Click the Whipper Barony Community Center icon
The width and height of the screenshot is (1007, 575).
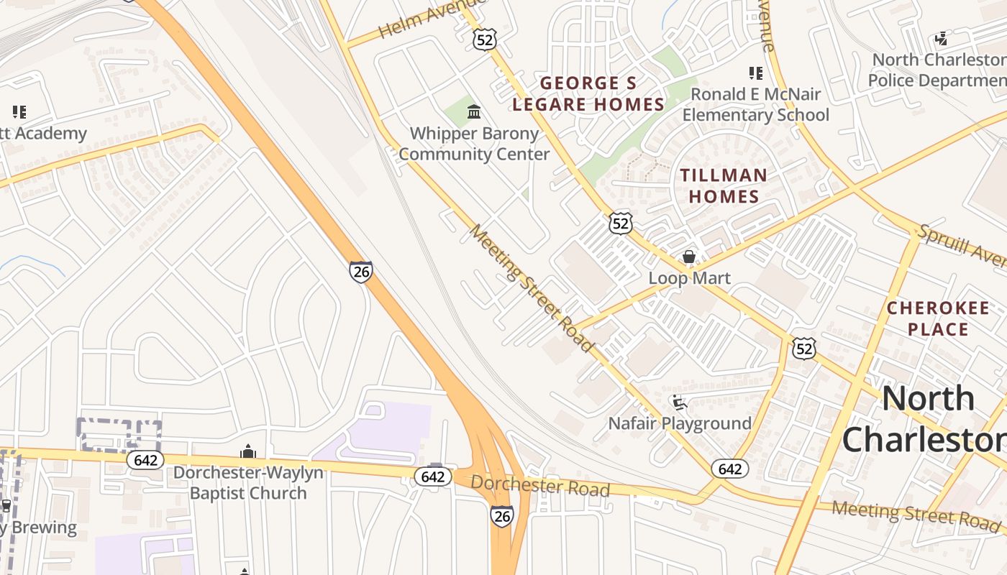coord(474,111)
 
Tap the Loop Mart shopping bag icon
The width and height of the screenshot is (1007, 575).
coord(689,257)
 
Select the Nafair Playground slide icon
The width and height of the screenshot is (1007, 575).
coord(679,402)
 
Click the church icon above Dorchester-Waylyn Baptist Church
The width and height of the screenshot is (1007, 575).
coord(248,451)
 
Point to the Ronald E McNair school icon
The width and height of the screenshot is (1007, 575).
coord(755,73)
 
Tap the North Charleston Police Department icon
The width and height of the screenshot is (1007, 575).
coord(941,39)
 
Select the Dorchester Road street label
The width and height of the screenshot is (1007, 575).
coord(540,486)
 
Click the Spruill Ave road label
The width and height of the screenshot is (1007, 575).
coord(961,245)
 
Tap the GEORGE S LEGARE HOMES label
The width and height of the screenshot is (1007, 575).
coord(588,93)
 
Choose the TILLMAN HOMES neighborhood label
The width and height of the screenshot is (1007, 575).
coord(724,185)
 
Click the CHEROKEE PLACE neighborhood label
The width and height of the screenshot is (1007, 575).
coord(937,318)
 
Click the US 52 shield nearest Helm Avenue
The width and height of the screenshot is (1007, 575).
coord(485,40)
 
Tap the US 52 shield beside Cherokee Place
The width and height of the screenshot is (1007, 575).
coord(804,349)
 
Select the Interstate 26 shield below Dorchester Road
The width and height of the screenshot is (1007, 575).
coord(502,515)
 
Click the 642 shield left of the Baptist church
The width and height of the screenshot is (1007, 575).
coord(145,460)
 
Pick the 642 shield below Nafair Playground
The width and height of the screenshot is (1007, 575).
coord(730,469)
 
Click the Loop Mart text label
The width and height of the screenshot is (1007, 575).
coord(689,278)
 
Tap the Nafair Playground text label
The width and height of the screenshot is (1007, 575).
coord(680,423)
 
